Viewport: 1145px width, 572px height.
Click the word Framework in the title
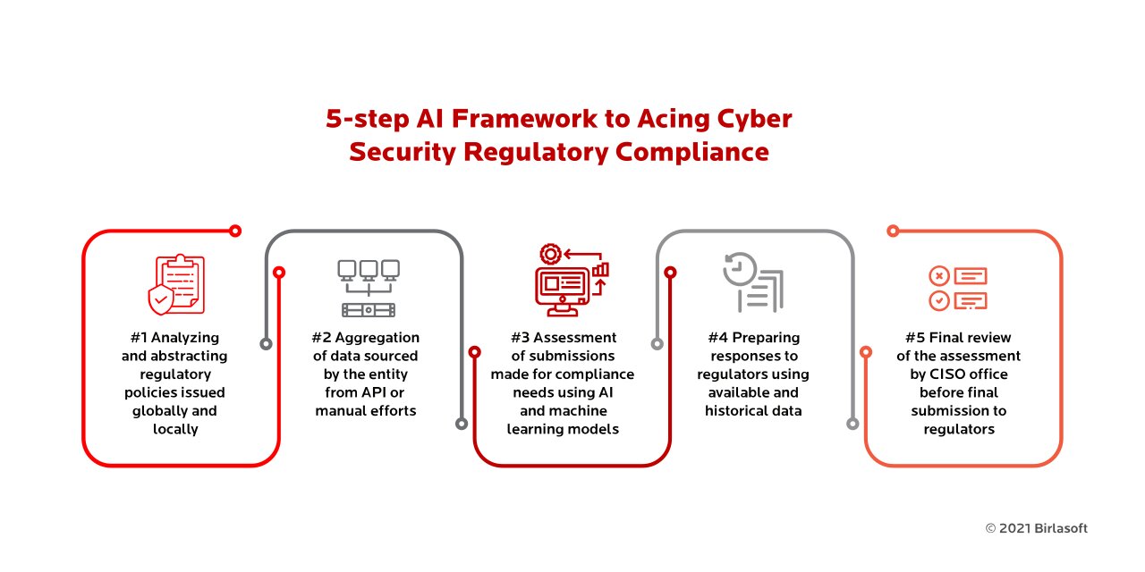[x=524, y=119]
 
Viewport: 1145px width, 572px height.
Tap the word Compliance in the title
[x=692, y=153]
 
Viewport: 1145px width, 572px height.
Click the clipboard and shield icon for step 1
[x=176, y=284]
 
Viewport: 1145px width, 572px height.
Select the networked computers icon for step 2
[x=369, y=288]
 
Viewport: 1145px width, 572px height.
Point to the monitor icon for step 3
[x=563, y=291]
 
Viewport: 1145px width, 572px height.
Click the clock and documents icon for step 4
[x=753, y=282]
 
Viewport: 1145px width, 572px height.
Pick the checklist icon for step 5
[x=958, y=289]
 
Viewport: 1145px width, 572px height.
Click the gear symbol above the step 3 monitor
[x=550, y=254]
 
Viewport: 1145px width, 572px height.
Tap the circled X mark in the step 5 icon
[x=939, y=276]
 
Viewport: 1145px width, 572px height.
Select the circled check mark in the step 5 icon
[x=939, y=301]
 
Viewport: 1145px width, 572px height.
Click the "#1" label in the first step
[x=139, y=338]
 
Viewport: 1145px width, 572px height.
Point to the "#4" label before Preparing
[x=717, y=338]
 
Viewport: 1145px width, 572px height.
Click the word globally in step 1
[x=159, y=412]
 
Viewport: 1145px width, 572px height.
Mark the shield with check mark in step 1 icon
[x=160, y=299]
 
